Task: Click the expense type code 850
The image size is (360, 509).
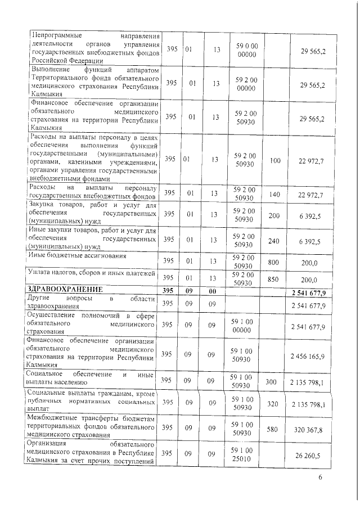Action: pyautogui.click(x=274, y=278)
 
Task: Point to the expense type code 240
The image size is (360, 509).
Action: pyautogui.click(x=274, y=241)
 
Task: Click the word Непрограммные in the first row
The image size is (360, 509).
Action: pyautogui.click(x=56, y=37)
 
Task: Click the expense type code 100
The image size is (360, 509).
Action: pyautogui.click(x=274, y=161)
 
